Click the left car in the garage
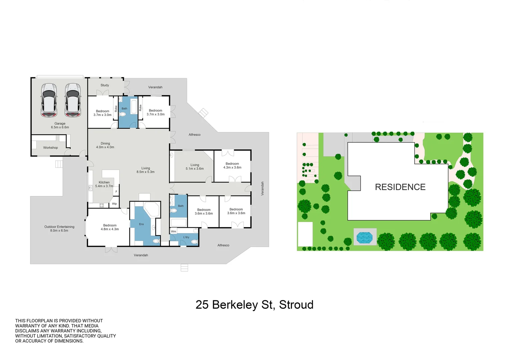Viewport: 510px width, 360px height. [49, 100]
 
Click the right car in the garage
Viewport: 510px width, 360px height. [73, 100]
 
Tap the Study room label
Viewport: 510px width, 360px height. [105, 85]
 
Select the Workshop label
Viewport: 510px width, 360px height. [50, 148]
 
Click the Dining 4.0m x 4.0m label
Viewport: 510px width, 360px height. [105, 145]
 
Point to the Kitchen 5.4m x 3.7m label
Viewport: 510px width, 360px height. [104, 184]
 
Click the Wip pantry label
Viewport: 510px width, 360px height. [114, 204]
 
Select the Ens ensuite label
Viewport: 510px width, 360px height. [141, 224]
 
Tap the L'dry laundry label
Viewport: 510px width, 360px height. [186, 237]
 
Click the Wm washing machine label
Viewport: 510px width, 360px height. [173, 231]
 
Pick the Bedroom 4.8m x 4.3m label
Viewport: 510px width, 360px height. [110, 227]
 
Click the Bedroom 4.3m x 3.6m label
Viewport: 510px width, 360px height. [232, 166]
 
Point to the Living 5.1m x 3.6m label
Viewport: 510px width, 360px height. [195, 167]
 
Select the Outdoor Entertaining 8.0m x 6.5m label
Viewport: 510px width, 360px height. [59, 229]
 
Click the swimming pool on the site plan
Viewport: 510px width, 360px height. [364, 238]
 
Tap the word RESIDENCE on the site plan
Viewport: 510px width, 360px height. [400, 187]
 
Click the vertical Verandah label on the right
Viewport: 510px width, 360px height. [263, 188]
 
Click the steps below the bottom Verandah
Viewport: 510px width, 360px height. [184, 268]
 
